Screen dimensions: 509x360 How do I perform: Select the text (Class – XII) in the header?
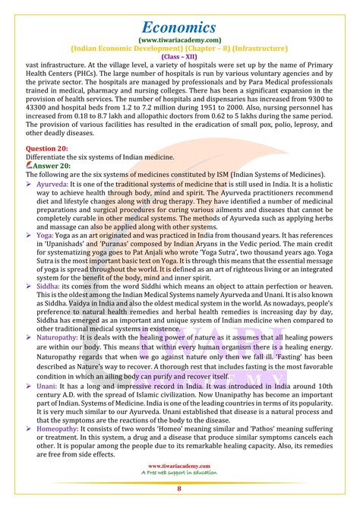coord(179,55)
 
